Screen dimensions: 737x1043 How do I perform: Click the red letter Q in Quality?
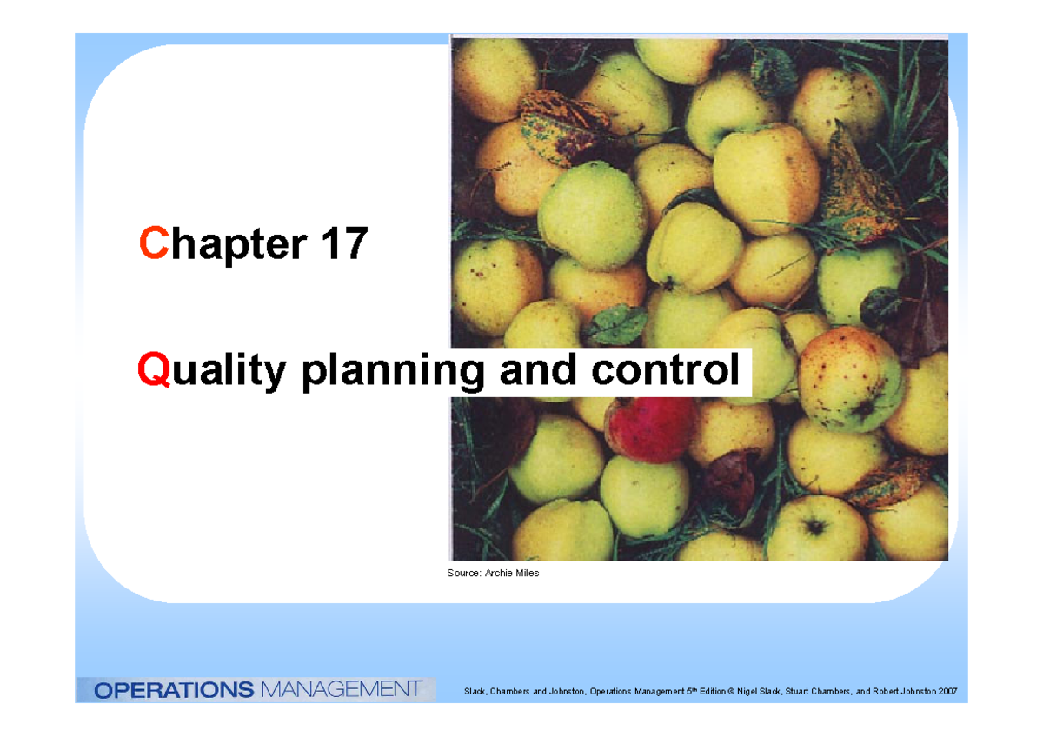tap(150, 371)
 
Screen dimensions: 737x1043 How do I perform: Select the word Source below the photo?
tap(462, 573)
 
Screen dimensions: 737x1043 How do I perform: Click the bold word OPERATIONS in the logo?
tap(173, 690)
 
